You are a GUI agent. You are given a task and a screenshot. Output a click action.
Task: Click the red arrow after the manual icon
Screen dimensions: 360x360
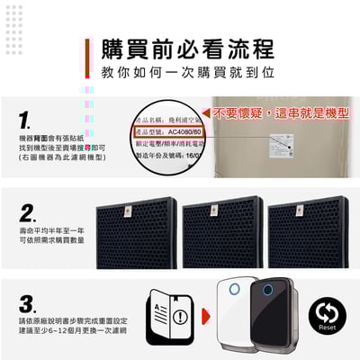(206, 317)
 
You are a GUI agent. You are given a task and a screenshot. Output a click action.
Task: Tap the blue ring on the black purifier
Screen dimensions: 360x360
(267, 289)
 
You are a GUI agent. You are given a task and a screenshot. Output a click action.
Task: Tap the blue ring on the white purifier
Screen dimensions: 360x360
(234, 289)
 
